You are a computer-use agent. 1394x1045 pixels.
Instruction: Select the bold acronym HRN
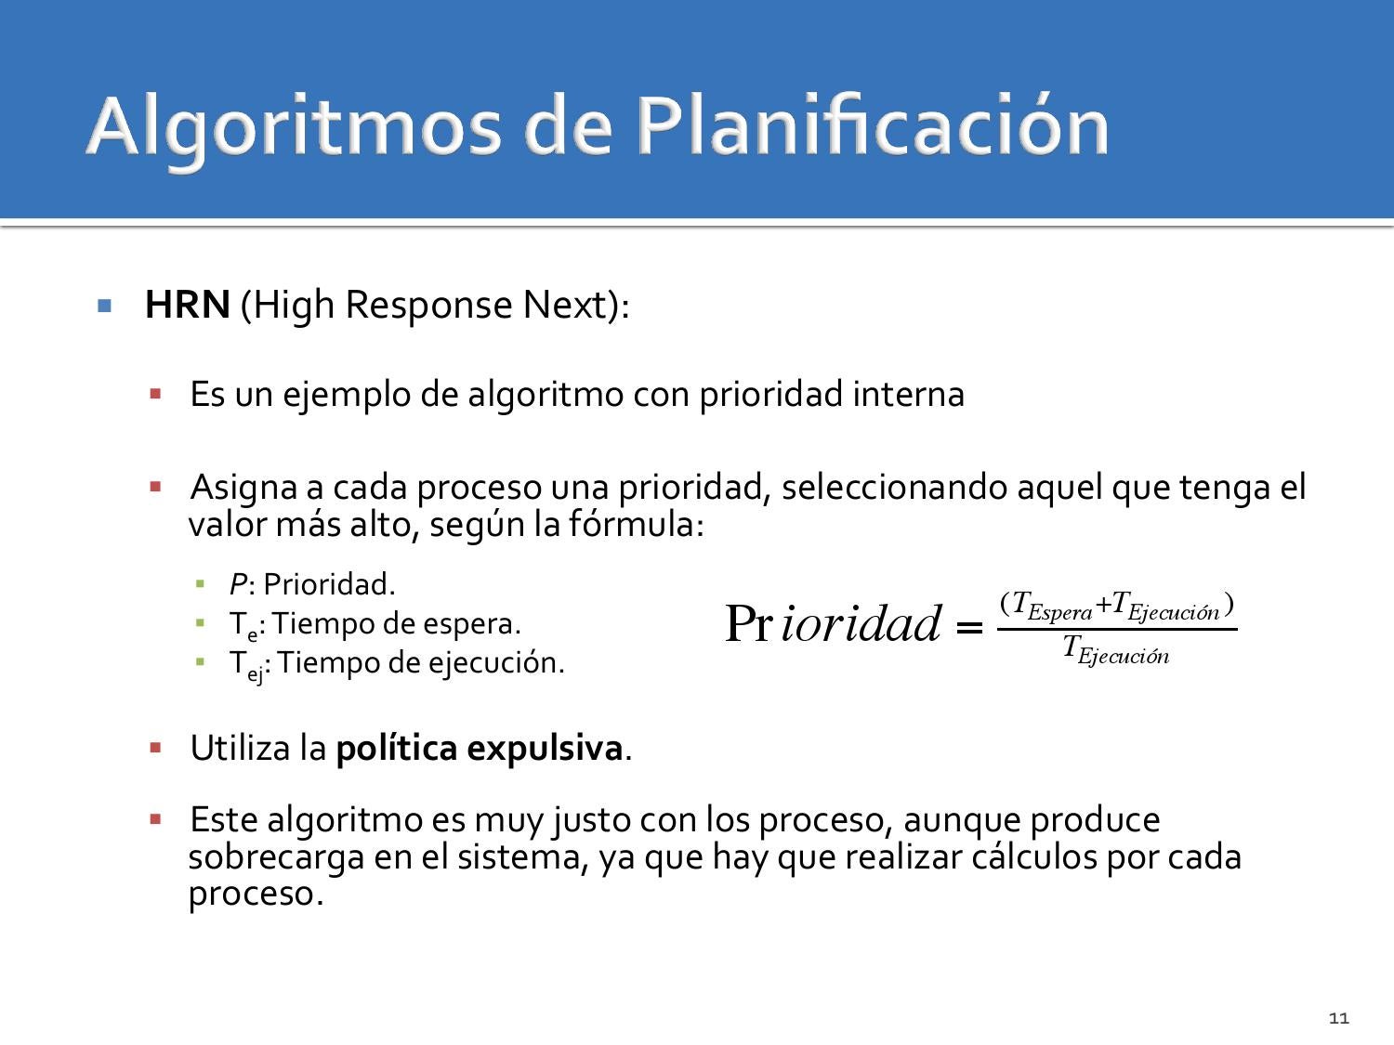[x=188, y=305]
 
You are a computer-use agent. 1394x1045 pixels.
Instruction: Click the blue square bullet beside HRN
[x=105, y=306]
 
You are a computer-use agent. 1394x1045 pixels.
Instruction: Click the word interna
[x=908, y=394]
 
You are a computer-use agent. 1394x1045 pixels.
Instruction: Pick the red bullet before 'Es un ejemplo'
[x=155, y=394]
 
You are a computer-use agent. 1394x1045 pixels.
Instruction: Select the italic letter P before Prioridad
[x=238, y=584]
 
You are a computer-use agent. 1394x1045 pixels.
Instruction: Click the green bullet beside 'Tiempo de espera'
[x=200, y=623]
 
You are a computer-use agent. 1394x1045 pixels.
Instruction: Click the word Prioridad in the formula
[x=833, y=623]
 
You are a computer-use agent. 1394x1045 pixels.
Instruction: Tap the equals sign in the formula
[x=969, y=628]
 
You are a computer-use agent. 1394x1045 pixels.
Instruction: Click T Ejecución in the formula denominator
[x=1116, y=649]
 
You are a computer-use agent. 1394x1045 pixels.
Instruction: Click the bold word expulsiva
[x=545, y=749]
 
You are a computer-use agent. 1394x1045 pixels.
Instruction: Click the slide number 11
[x=1339, y=1018]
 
